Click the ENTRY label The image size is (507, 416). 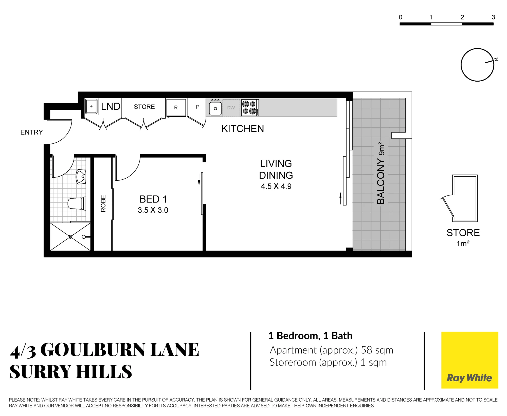[x=31, y=132]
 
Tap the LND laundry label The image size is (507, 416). [x=111, y=106]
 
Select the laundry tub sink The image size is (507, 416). [x=91, y=107]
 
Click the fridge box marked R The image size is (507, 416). [x=176, y=107]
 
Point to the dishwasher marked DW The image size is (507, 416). [x=231, y=108]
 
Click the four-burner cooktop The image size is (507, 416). [x=250, y=108]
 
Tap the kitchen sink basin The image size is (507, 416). [x=215, y=108]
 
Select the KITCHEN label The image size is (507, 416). [x=243, y=129]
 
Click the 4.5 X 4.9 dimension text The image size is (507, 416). [x=276, y=186]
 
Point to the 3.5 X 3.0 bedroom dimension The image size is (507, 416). [x=153, y=210]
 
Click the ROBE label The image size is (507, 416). [x=103, y=203]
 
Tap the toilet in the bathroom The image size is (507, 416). [x=77, y=204]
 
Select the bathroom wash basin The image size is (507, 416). [x=81, y=177]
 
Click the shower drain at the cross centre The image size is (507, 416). [x=70, y=237]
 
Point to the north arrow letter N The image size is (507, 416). [x=496, y=60]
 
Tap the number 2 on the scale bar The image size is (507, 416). [x=462, y=17]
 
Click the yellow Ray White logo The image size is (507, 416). [x=469, y=360]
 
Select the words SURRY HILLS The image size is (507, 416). [x=71, y=372]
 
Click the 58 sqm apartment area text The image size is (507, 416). [x=377, y=350]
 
